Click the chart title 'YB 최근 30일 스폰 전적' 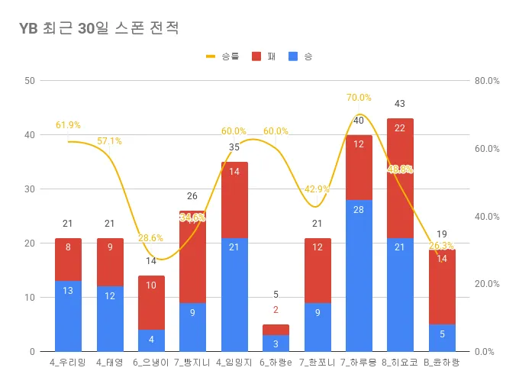tap(99, 29)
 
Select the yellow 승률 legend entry tap(222, 56)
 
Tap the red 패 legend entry tap(264, 56)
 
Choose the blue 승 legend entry tap(301, 56)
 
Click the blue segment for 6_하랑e tap(276, 343)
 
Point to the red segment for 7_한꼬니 tap(317, 270)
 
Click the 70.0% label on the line tap(359, 98)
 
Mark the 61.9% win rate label tap(68, 125)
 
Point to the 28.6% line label tap(151, 238)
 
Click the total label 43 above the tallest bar tap(400, 104)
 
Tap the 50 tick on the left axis tap(30, 81)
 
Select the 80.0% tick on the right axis tap(486, 81)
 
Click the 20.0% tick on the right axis tap(486, 284)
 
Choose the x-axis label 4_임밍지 tap(234, 363)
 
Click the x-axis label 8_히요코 tap(400, 363)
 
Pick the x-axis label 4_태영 tap(110, 363)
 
